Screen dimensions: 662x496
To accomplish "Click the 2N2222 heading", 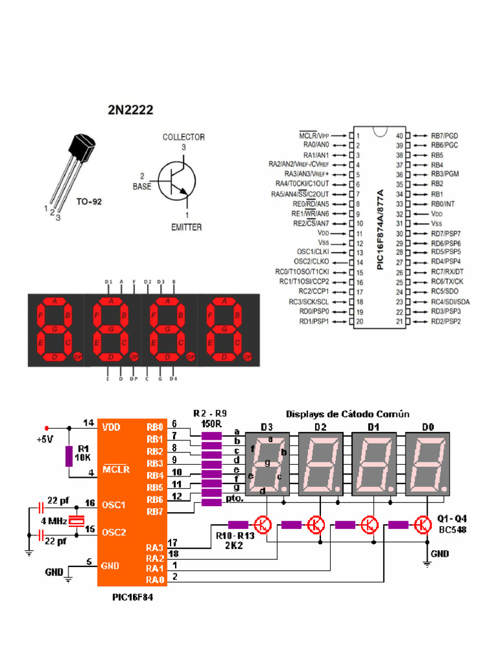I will click(x=130, y=110).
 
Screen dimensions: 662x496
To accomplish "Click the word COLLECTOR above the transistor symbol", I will click(x=183, y=137).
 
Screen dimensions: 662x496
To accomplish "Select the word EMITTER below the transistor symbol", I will click(x=186, y=227).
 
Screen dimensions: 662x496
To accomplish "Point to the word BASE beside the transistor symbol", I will click(x=141, y=186).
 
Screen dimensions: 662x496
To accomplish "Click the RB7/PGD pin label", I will click(x=444, y=136).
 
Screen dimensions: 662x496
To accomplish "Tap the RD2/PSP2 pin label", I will click(x=446, y=321).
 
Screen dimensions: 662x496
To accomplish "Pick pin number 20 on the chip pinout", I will click(x=358, y=321).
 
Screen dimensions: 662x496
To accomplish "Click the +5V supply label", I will click(x=46, y=440).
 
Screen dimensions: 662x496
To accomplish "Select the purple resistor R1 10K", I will click(x=68, y=456).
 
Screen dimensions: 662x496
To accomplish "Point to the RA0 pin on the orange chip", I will click(x=154, y=580).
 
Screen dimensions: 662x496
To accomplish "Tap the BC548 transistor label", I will click(x=451, y=530).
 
